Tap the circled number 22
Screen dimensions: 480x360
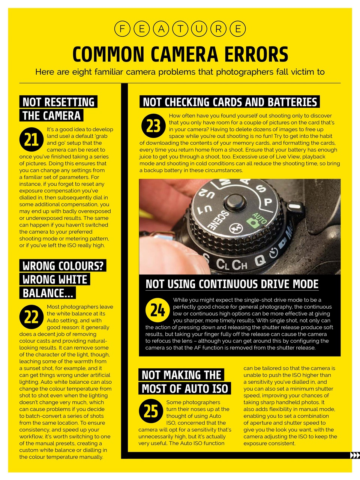coord(31,316)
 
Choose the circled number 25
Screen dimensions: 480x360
coord(150,411)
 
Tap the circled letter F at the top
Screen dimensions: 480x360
coord(122,29)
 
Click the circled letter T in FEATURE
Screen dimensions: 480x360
coord(180,29)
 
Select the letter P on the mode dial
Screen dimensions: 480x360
coord(268,202)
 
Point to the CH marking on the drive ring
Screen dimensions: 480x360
coord(239,265)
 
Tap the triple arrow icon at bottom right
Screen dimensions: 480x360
coord(354,455)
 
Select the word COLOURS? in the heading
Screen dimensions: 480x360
coord(81,266)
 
